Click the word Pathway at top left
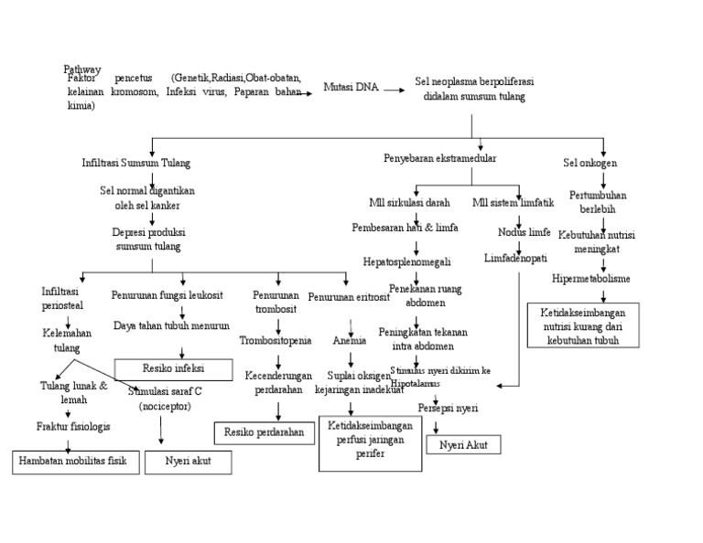[x=82, y=69]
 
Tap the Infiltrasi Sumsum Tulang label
[x=135, y=164]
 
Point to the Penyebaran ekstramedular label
[x=439, y=158]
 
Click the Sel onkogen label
[x=589, y=164]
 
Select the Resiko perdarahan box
[x=264, y=431]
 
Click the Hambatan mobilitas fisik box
[x=77, y=463]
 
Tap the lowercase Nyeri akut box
[x=189, y=462]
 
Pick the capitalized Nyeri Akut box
[x=463, y=445]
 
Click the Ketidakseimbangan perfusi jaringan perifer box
[x=370, y=443]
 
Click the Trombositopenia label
[x=276, y=341]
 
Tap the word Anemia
[x=350, y=341]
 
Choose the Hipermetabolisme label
[x=592, y=278]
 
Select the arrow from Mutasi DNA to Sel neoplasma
[x=394, y=90]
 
